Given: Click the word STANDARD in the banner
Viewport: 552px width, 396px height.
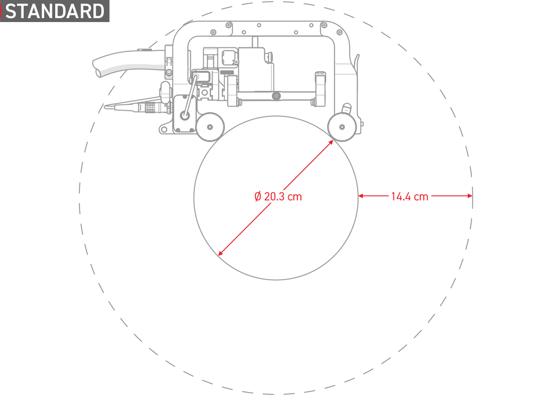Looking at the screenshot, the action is coord(55,11).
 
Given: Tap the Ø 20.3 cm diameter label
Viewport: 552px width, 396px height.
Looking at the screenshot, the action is coord(278,196).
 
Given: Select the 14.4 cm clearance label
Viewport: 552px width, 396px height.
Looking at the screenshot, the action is coord(410,196).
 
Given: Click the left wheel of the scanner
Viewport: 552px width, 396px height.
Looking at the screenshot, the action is coord(210,127).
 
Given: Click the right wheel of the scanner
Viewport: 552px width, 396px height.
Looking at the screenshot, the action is coord(342,127).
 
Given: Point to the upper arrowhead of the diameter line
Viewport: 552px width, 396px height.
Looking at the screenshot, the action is coord(331,142).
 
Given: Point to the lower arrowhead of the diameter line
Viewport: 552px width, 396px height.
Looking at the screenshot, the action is coord(221,253).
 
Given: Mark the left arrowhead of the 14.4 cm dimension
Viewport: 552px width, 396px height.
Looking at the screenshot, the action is coord(361,196).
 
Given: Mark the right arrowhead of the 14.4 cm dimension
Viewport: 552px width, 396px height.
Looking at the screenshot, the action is coord(470,196).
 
